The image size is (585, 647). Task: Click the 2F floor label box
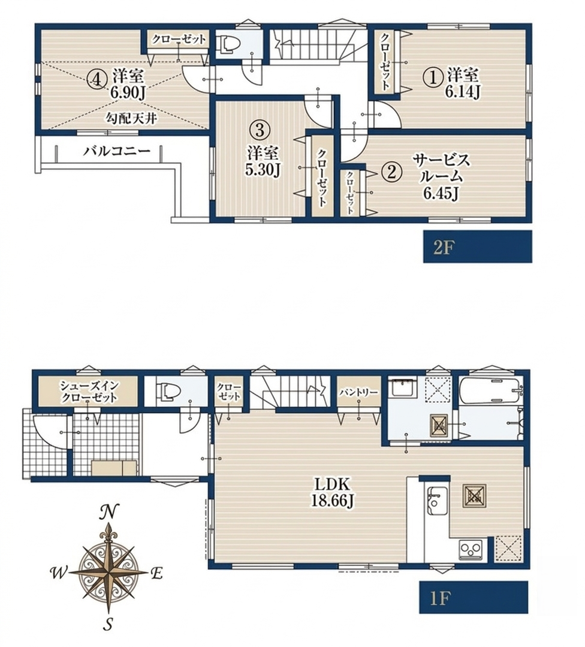477,247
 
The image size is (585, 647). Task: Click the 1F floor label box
474,597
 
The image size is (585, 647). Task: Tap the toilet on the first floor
165,390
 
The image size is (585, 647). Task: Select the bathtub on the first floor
491,391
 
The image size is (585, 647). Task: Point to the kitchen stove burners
471,550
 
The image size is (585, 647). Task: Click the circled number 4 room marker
96,79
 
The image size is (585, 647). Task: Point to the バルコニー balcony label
117,151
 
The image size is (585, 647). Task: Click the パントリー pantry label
359,392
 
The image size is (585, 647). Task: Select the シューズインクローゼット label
89,392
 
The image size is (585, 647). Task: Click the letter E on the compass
156,573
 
